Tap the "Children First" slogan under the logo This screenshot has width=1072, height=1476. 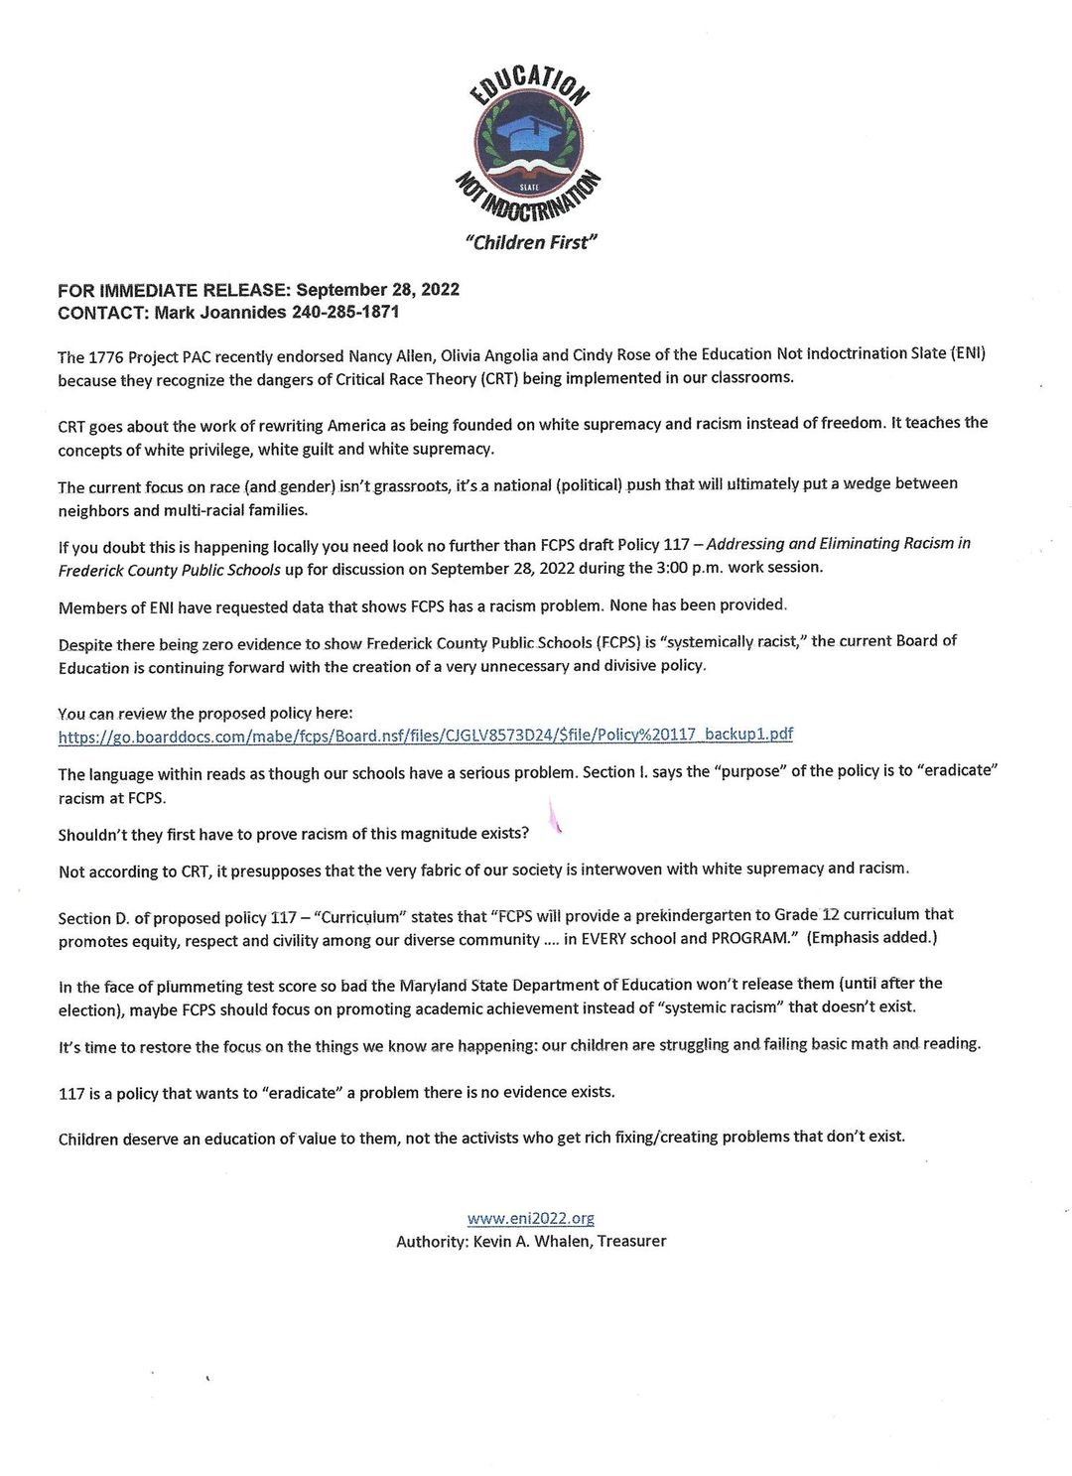point(532,242)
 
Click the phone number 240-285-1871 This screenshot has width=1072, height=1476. point(345,313)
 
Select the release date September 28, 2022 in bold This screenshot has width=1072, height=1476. point(377,290)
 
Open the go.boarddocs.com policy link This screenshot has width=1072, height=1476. point(425,735)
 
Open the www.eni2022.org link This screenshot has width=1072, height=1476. point(531,1218)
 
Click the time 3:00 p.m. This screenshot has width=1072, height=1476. point(692,568)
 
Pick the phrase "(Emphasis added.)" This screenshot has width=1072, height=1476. point(872,937)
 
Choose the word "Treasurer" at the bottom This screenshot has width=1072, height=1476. point(631,1241)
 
